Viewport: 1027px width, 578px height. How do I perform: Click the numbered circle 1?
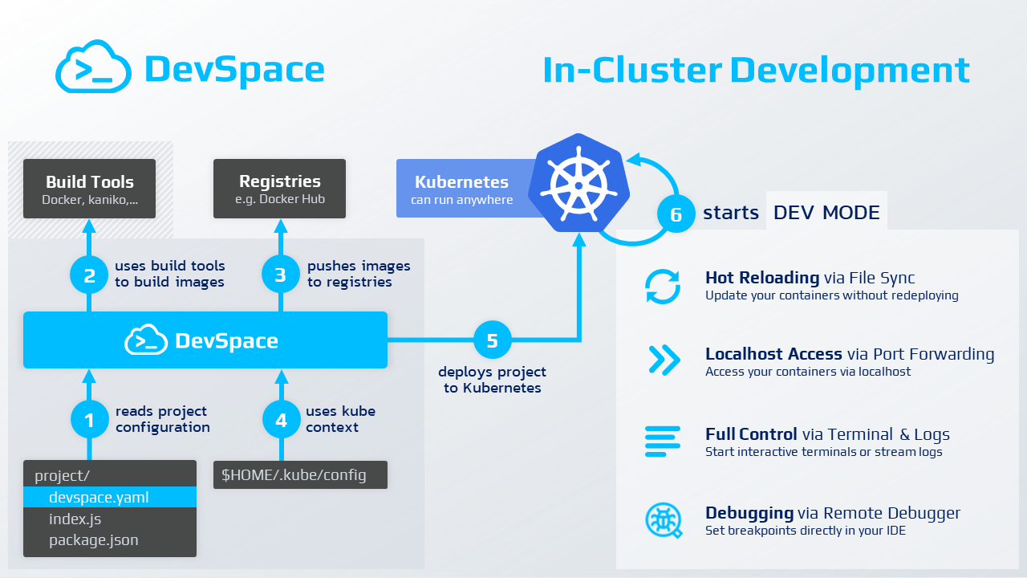[89, 419]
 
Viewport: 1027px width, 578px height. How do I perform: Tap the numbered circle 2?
[89, 275]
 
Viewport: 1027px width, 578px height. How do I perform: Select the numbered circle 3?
[280, 275]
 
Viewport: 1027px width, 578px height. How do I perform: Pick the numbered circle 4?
[280, 419]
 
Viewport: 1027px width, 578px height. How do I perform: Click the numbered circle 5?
[492, 340]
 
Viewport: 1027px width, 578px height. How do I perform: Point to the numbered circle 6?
[676, 214]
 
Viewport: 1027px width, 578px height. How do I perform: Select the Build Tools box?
[89, 189]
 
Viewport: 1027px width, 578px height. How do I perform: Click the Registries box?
[279, 189]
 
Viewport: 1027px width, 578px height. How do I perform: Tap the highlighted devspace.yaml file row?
[110, 497]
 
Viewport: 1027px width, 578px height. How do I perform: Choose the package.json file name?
[93, 540]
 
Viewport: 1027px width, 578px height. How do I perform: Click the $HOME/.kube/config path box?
[299, 474]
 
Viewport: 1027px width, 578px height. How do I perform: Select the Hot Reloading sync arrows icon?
[663, 287]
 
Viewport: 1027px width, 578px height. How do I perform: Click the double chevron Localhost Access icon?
[664, 360]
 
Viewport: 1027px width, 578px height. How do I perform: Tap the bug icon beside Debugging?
[663, 521]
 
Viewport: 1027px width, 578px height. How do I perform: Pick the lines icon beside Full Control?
[663, 442]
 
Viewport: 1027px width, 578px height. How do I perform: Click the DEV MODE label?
[826, 213]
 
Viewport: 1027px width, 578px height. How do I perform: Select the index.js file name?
[75, 519]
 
